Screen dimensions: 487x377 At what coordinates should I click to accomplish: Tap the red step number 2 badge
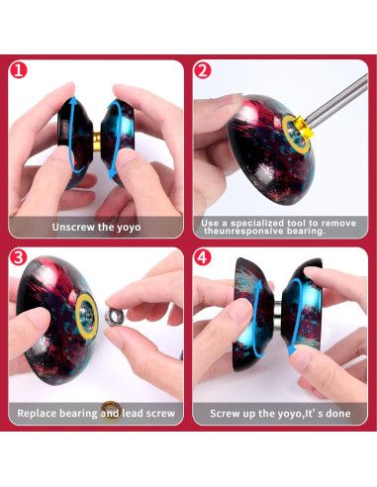(x=202, y=70)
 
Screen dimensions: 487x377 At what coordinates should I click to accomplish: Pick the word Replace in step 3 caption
(x=39, y=411)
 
